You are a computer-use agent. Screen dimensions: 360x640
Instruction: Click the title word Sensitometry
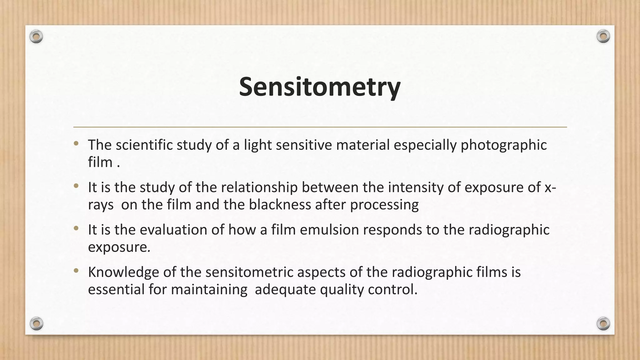click(x=319, y=87)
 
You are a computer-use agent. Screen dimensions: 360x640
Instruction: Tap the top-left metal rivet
click(x=36, y=37)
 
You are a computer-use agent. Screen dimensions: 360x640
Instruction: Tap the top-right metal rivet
click(x=603, y=36)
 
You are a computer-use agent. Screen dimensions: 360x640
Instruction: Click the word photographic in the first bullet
click(x=504, y=145)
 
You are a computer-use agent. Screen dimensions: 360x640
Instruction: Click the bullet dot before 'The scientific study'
click(x=76, y=144)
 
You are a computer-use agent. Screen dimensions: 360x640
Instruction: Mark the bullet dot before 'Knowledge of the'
click(x=76, y=271)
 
